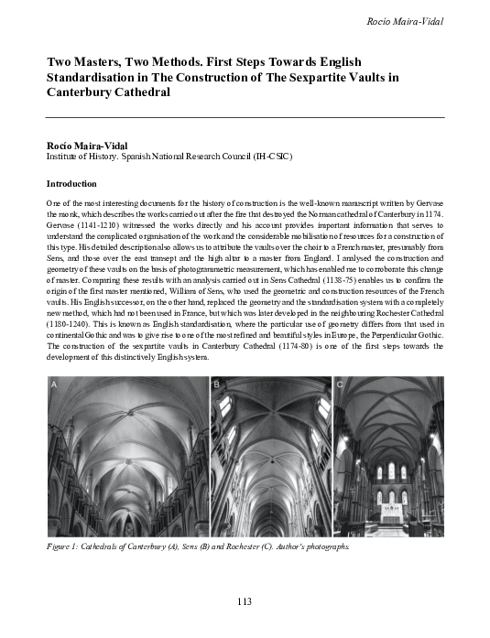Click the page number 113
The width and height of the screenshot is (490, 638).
[244, 601]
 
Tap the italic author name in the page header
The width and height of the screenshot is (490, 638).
[404, 20]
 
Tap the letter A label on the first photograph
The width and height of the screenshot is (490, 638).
[54, 385]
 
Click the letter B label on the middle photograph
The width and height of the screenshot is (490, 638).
[218, 385]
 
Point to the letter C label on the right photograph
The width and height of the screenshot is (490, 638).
[341, 385]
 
